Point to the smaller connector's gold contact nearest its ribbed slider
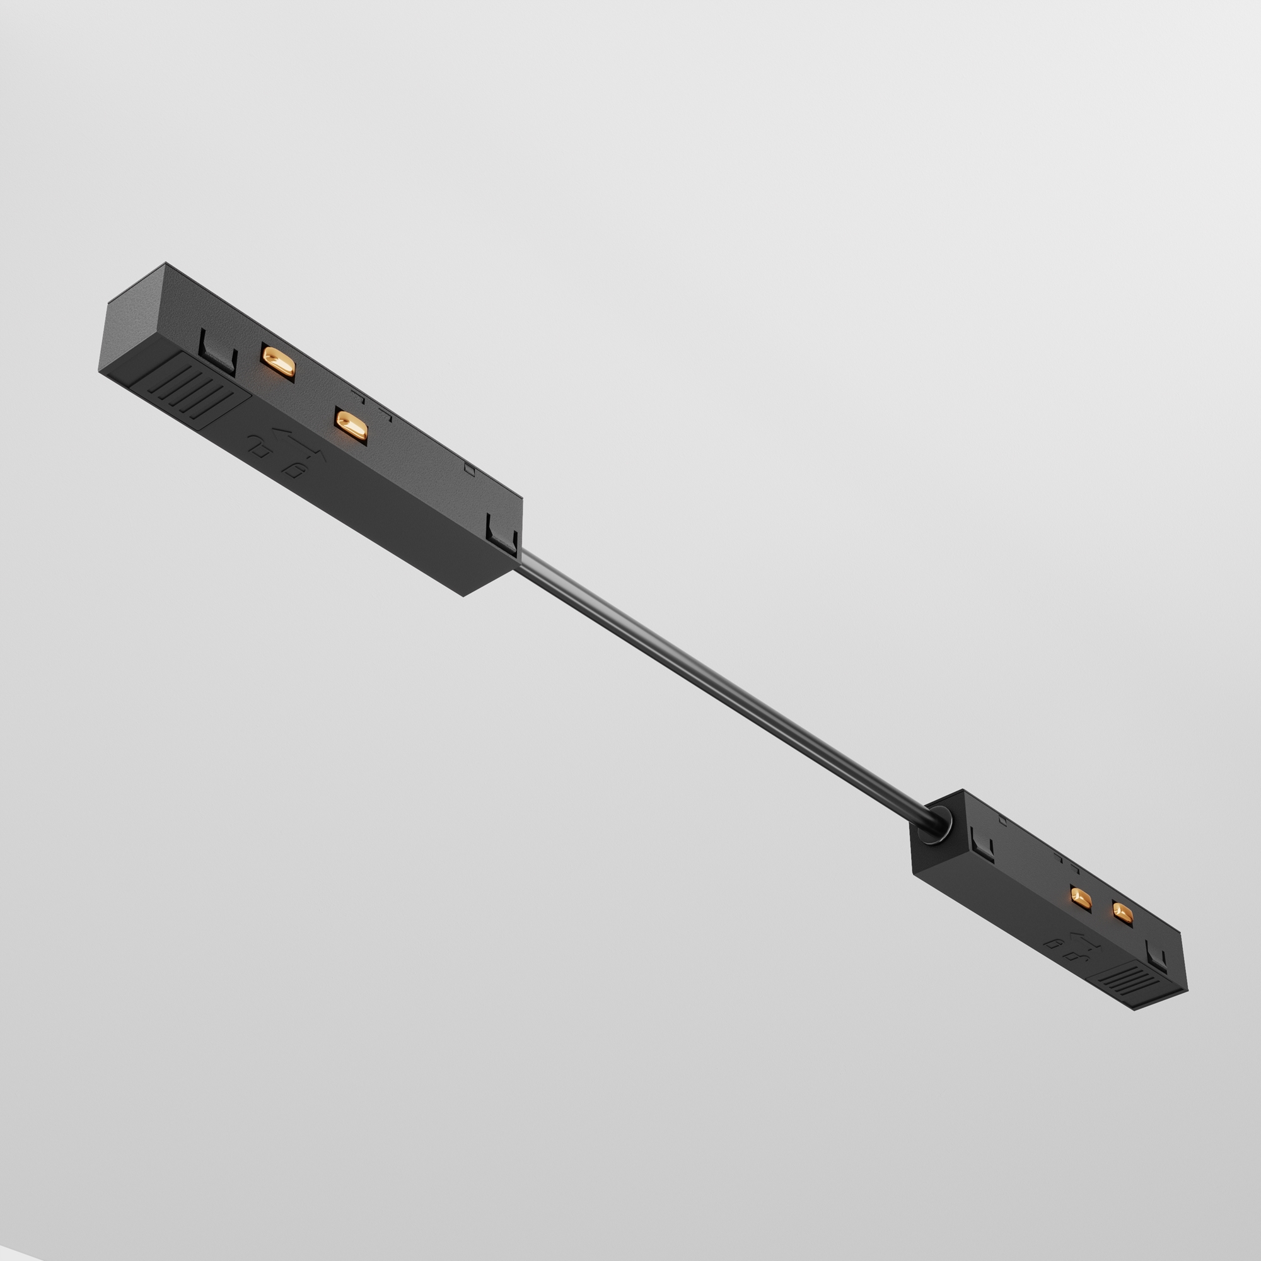pos(1123,912)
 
